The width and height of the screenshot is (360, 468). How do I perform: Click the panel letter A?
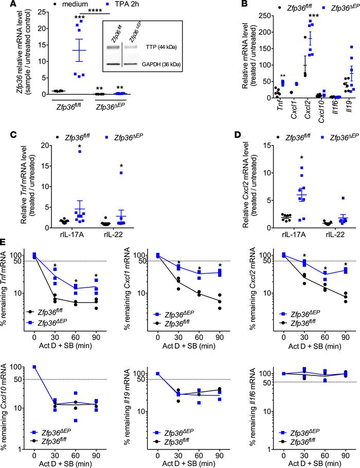(5, 5)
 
